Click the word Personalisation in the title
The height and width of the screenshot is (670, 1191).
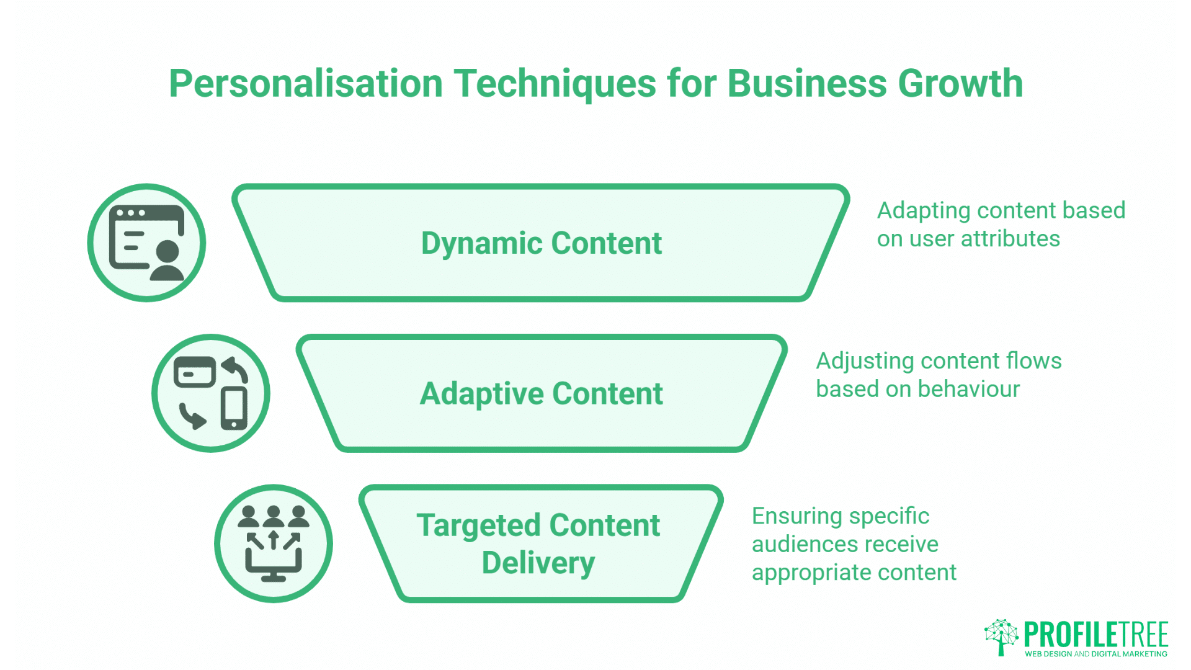(x=305, y=84)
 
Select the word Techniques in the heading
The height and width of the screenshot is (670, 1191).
(x=555, y=84)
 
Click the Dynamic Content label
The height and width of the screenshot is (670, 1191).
(x=541, y=243)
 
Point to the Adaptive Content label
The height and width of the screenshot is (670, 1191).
(x=541, y=394)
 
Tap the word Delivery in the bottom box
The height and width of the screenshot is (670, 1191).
(x=538, y=563)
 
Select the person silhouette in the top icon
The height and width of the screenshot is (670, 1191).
(x=167, y=261)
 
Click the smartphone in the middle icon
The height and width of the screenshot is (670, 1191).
(x=234, y=408)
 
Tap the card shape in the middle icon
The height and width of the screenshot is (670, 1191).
(x=194, y=372)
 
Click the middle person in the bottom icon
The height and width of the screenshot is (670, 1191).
(x=273, y=517)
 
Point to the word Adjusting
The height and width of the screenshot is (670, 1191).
(x=864, y=361)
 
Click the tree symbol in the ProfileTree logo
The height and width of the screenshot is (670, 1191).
(x=1001, y=636)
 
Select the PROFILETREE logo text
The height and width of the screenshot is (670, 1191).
(x=1095, y=634)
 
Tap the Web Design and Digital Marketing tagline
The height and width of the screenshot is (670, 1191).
(x=1095, y=654)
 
